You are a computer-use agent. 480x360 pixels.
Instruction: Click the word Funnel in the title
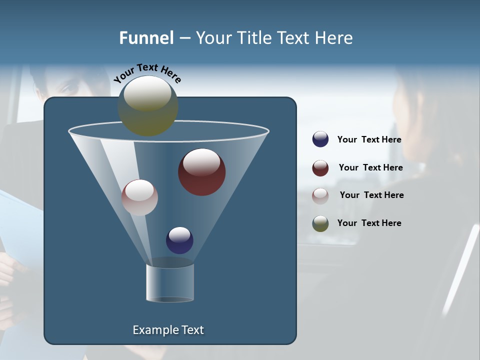coord(146,38)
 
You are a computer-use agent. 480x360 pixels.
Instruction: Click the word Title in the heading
coord(254,38)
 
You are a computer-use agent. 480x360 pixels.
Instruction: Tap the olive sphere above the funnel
coord(147,106)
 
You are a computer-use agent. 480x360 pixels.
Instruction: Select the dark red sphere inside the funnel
coord(201,172)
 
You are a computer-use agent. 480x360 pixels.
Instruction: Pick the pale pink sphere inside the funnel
coord(139,197)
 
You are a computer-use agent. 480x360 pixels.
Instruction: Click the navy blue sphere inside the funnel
coord(179,240)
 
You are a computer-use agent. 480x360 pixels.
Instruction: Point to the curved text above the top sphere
coord(147,73)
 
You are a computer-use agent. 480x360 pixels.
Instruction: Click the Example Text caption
coord(168,330)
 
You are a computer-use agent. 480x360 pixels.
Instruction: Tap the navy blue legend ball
coord(320,139)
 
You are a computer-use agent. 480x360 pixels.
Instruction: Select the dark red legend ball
coord(320,168)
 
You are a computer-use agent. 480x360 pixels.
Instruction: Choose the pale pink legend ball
coord(320,195)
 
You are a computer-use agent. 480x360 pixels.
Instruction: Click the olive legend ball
coord(320,223)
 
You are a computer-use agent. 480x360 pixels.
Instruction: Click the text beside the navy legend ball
coord(369,140)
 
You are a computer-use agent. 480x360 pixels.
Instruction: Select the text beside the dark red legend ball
coord(370,167)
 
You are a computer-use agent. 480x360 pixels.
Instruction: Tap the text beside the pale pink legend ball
coord(371,195)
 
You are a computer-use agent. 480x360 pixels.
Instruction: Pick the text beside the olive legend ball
coord(369,223)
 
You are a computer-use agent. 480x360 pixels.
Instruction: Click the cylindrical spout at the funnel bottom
coord(170,282)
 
